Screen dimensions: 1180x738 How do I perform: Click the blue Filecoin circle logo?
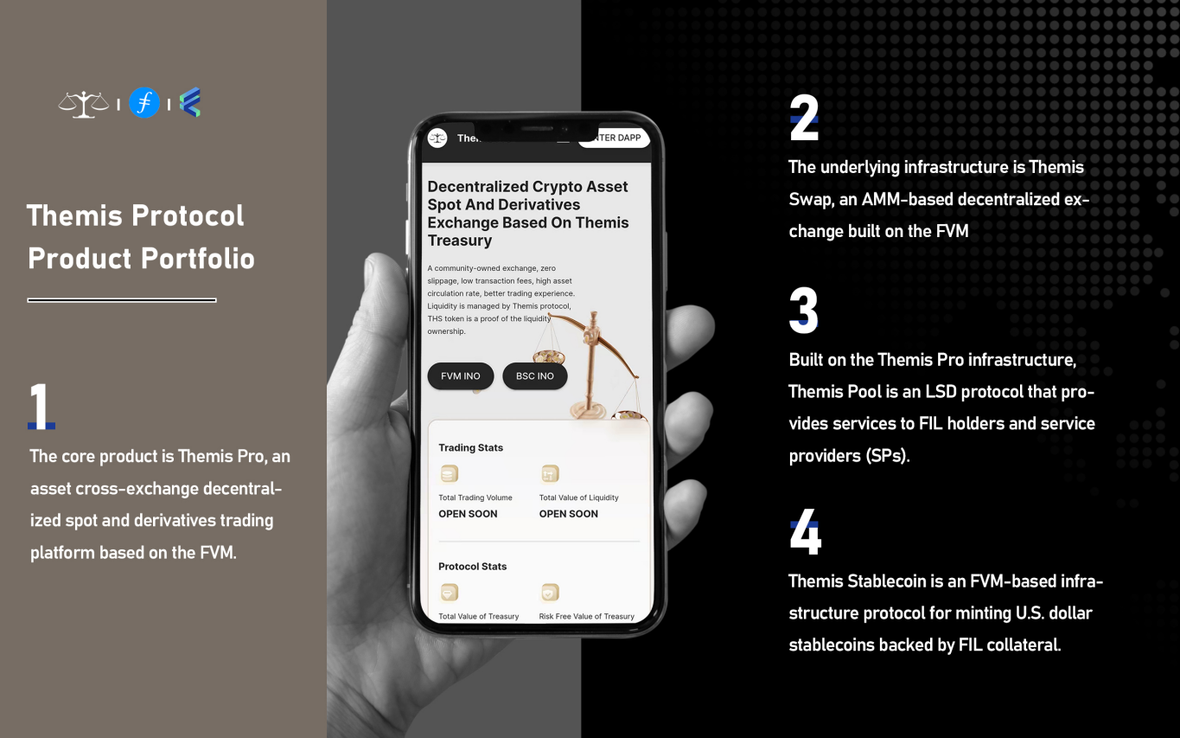144,102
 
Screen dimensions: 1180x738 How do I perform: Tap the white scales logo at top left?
83,105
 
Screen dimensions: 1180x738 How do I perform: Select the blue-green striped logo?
190,102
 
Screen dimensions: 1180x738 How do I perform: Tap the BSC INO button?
535,375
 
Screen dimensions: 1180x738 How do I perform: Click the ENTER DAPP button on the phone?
615,138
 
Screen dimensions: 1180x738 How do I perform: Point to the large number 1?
41,406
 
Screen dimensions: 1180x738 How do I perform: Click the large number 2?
804,117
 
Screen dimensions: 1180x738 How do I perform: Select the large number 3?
803,310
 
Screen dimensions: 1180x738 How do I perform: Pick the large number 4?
806,531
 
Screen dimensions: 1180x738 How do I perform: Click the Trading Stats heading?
470,447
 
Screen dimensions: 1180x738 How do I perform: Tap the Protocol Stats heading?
473,566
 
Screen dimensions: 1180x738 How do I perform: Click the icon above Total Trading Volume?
450,473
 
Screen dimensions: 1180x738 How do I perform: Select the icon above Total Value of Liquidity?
550,473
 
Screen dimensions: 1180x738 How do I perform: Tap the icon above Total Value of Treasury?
450,593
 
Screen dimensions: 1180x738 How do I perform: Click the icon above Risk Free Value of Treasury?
550,593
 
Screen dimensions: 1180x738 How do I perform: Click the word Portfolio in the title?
198,259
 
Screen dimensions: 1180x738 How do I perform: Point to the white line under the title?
122,300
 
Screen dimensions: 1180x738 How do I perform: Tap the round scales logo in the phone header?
437,138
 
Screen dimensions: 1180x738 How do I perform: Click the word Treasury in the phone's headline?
459,241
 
